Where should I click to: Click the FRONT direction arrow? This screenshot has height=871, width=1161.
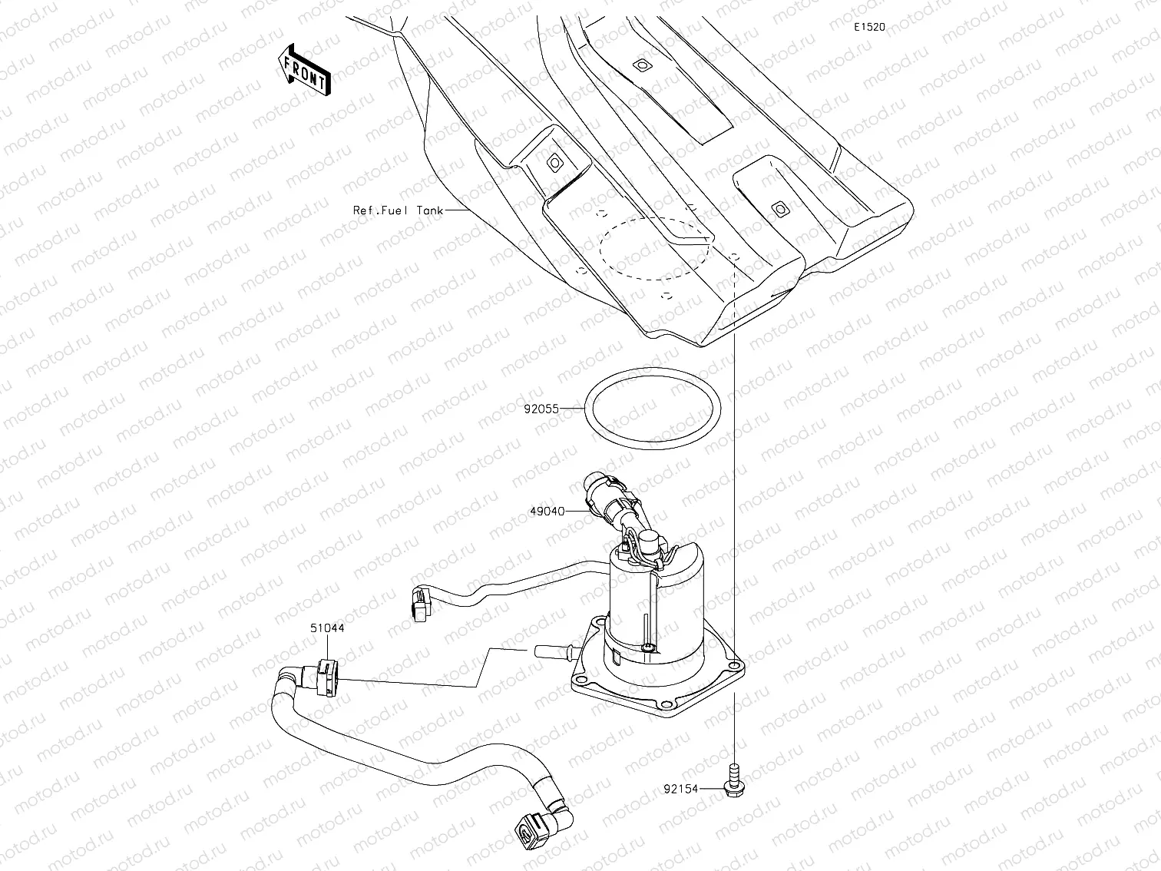tap(305, 69)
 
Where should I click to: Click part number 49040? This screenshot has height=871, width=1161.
tap(547, 511)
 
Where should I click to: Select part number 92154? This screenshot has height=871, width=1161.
tap(682, 787)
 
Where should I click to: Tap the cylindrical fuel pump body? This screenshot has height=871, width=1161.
tap(653, 607)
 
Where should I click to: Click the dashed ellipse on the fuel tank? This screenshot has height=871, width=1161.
tap(653, 247)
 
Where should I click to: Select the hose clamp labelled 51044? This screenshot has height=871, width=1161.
tap(327, 677)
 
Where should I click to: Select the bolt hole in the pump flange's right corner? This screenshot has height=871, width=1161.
tap(736, 663)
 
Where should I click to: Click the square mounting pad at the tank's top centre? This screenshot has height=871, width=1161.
tap(640, 67)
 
